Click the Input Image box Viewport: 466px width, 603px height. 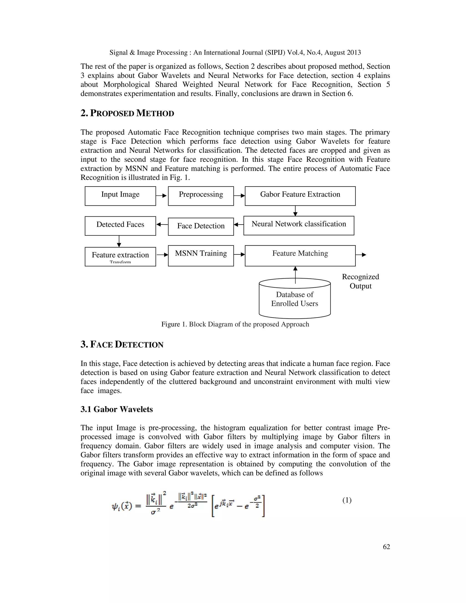click(x=120, y=196)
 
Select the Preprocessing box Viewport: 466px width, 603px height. click(x=201, y=196)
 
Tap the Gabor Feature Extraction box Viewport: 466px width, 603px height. click(x=300, y=196)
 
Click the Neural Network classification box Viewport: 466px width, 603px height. click(x=299, y=225)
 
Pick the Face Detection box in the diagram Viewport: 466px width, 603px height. click(x=201, y=226)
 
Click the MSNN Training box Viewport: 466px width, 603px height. click(x=201, y=255)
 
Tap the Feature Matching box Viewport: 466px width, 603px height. click(x=300, y=255)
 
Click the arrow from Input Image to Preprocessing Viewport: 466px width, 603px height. click(x=162, y=196)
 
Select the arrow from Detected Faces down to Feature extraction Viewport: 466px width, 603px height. click(x=119, y=241)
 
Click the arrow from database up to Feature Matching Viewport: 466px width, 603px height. click(x=295, y=275)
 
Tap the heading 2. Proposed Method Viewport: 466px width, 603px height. click(x=127, y=113)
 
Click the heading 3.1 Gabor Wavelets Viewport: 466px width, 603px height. click(x=116, y=409)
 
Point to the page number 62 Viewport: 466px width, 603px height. click(x=386, y=547)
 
